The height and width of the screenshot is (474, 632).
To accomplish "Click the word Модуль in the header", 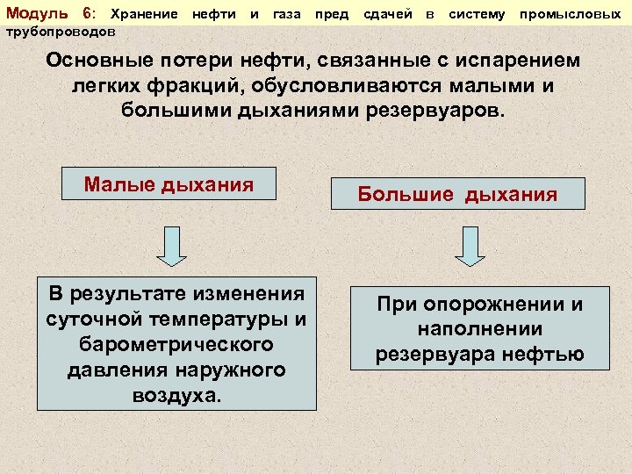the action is tap(34, 14).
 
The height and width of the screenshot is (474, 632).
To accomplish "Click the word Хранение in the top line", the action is tap(146, 14).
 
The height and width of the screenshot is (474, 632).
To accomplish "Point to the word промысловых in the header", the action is tap(576, 14).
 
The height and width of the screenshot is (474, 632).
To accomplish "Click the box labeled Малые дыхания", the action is tap(169, 184).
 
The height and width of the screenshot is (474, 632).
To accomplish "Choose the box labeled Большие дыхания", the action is tap(457, 194).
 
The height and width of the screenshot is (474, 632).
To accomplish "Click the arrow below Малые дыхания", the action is tap(172, 245).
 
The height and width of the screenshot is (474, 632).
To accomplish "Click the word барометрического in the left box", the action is tap(176, 344).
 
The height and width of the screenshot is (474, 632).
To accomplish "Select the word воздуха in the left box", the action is tap(176, 395).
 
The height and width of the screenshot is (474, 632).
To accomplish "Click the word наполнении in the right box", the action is tap(479, 329).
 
